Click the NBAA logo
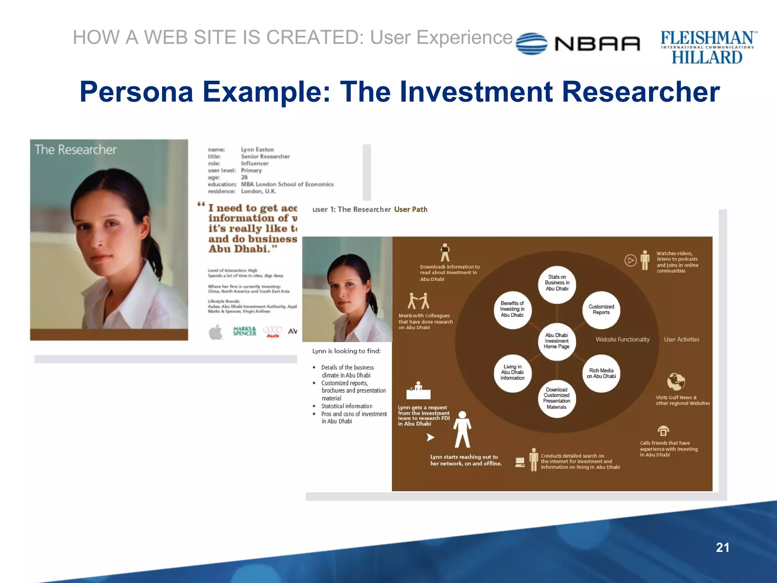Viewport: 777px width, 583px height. point(578,44)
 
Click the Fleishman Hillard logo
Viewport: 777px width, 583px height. point(708,47)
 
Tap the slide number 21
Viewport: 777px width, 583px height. point(722,547)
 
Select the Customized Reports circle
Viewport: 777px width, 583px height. point(601,310)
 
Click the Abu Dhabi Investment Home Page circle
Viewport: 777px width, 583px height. point(557,341)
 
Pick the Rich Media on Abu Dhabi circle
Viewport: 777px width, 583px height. point(601,373)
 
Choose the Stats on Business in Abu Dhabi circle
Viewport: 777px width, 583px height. point(557,283)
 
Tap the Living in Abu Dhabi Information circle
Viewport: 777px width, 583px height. point(513,373)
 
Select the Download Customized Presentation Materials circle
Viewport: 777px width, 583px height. point(557,399)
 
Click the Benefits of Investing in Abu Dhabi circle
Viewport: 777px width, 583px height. point(512,309)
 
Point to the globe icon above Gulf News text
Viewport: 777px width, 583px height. point(676,382)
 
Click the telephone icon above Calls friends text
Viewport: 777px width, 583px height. point(663,431)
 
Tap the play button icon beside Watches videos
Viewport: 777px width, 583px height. point(630,260)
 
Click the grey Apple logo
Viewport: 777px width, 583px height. point(216,332)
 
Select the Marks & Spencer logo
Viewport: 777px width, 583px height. point(244,331)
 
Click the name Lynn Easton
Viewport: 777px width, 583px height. point(257,150)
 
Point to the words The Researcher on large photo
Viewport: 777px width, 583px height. point(75,150)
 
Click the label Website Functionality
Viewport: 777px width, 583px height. point(622,340)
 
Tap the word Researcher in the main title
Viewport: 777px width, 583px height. point(640,92)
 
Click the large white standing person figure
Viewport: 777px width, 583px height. point(462,430)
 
